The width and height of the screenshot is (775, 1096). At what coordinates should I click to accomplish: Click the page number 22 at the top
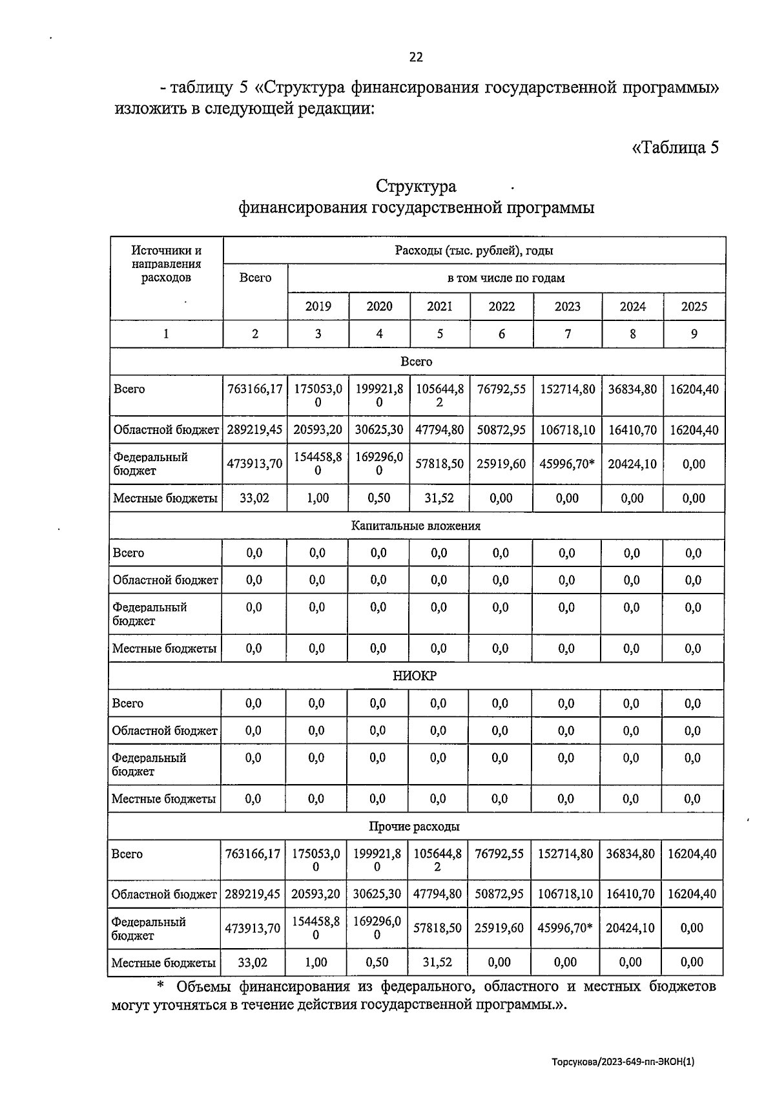click(x=416, y=57)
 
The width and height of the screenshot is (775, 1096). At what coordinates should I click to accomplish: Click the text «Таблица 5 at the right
click(x=675, y=147)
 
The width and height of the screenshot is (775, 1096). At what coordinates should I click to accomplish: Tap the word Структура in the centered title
click(x=416, y=187)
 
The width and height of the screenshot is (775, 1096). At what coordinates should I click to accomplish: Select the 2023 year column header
click(x=567, y=306)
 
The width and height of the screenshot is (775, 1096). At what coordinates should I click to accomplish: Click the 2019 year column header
click(x=318, y=306)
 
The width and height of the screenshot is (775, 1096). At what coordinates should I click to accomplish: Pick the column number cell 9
click(x=694, y=334)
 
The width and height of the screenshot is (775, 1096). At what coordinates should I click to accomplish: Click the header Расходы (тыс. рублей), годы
click(x=473, y=251)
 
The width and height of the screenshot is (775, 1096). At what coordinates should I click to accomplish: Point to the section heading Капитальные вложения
click(x=416, y=526)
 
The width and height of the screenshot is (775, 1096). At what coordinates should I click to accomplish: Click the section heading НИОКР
click(x=415, y=676)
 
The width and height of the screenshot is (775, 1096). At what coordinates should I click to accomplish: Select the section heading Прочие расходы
click(x=414, y=827)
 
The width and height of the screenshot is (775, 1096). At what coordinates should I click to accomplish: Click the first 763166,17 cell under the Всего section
click(x=255, y=389)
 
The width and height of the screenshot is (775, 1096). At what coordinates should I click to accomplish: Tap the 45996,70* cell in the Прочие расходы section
click(x=565, y=928)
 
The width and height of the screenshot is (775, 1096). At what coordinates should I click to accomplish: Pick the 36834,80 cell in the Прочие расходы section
click(x=630, y=854)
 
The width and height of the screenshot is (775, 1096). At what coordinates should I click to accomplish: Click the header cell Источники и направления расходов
click(x=166, y=264)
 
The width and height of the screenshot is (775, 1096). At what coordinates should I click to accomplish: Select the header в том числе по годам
click(x=506, y=278)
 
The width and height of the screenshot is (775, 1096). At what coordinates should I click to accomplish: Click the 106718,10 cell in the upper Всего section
click(x=567, y=429)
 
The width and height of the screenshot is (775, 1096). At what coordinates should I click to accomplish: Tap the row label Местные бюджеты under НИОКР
click(x=163, y=799)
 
